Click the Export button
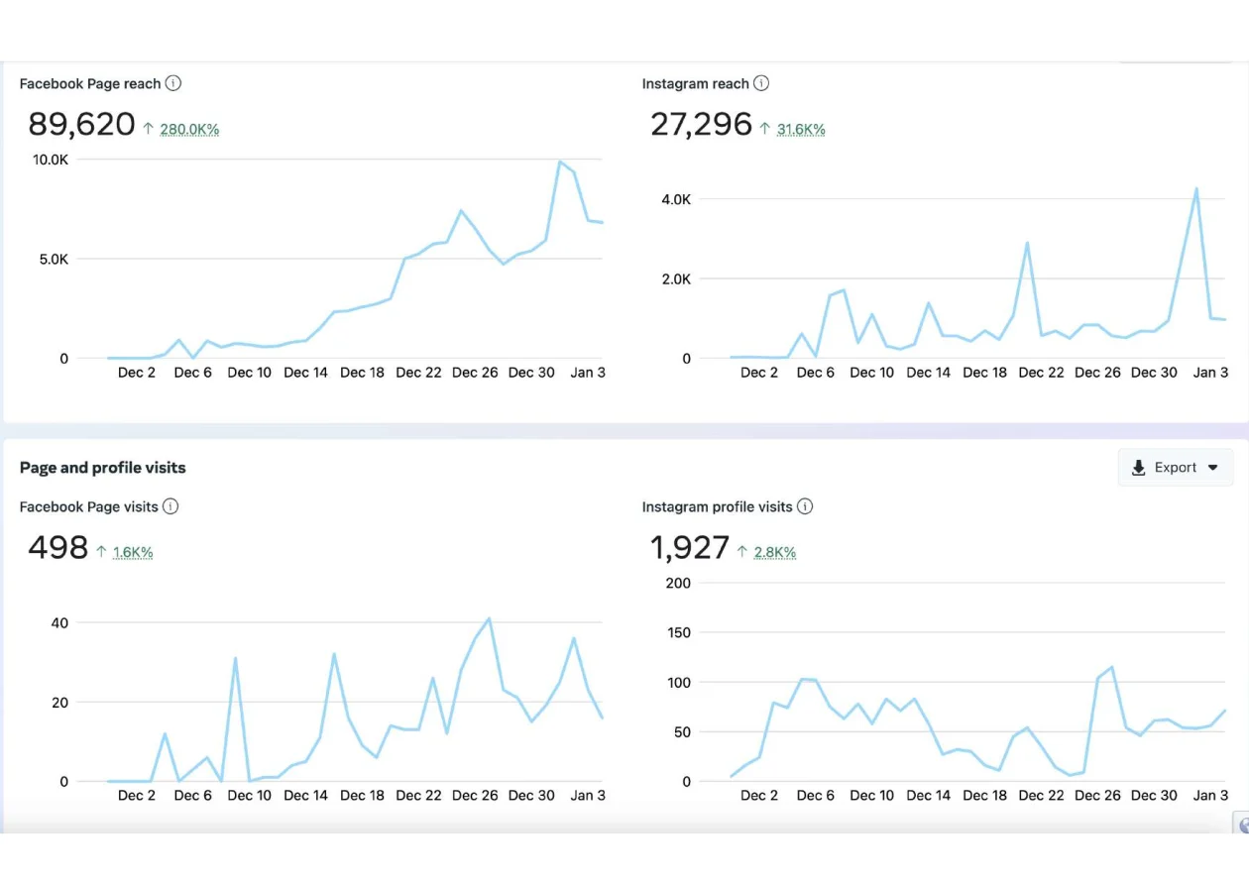pyautogui.click(x=1176, y=468)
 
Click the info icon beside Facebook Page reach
pyautogui.click(x=173, y=84)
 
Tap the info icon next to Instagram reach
pyautogui.click(x=761, y=84)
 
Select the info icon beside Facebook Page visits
pyautogui.click(x=170, y=507)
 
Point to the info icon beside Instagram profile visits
pyautogui.click(x=805, y=507)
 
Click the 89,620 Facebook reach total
pyautogui.click(x=81, y=125)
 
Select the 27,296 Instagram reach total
pyautogui.click(x=701, y=125)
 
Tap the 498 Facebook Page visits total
pyautogui.click(x=57, y=548)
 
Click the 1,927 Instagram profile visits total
pyautogui.click(x=690, y=548)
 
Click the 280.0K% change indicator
pyautogui.click(x=188, y=130)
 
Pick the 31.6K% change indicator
pyautogui.click(x=801, y=130)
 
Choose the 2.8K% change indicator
pyautogui.click(x=774, y=553)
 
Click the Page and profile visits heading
pyautogui.click(x=103, y=468)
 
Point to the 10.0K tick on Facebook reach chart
pyautogui.click(x=51, y=160)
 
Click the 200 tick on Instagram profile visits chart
pyautogui.click(x=678, y=583)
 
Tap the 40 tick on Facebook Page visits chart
pyautogui.click(x=59, y=623)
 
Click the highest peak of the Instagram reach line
pyautogui.click(x=1196, y=188)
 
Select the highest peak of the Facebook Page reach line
pyautogui.click(x=560, y=162)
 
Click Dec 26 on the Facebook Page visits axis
pyautogui.click(x=475, y=796)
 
